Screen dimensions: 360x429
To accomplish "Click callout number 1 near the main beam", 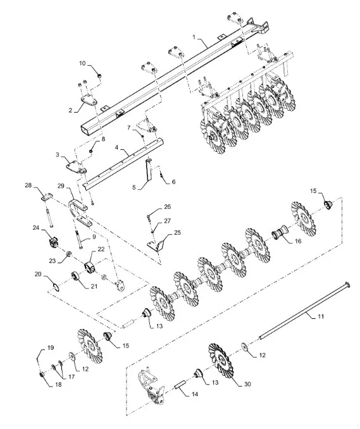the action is click(194, 37).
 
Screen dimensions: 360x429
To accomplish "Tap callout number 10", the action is click(82, 63).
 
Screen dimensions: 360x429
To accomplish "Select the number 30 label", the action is click(247, 384).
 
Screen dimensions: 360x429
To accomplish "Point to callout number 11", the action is click(321, 316).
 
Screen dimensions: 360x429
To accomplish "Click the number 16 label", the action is click(298, 241).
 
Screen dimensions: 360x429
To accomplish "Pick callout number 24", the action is click(36, 227).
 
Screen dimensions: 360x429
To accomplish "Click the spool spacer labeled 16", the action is click(279, 235).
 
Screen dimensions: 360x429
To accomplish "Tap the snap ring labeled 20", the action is click(56, 287).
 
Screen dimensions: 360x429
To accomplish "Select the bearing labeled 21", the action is click(75, 277).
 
